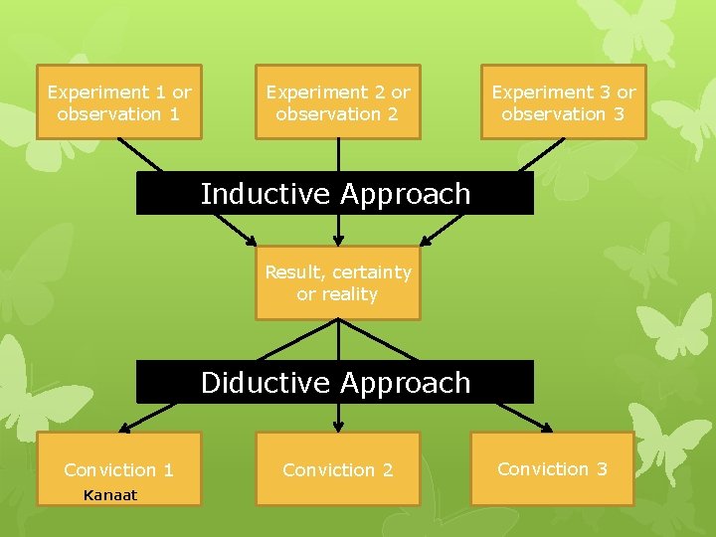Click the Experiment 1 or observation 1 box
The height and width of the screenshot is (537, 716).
(119, 102)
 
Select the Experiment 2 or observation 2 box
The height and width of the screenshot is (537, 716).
(338, 102)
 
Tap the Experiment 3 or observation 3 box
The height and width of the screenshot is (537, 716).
(564, 102)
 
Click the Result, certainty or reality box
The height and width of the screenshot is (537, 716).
(338, 283)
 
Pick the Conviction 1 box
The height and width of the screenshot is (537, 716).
(119, 469)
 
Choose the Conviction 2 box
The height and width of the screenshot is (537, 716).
(338, 469)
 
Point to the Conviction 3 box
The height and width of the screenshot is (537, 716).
(552, 468)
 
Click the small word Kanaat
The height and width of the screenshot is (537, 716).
(110, 495)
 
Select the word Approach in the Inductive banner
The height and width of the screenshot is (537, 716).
(405, 195)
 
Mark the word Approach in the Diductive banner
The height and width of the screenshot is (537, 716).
(405, 383)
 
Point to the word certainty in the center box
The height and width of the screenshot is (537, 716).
(373, 272)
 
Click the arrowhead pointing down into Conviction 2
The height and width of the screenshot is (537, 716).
(338, 427)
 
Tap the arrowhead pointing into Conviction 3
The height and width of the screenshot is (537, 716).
(546, 428)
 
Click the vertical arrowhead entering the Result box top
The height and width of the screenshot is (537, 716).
(338, 240)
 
